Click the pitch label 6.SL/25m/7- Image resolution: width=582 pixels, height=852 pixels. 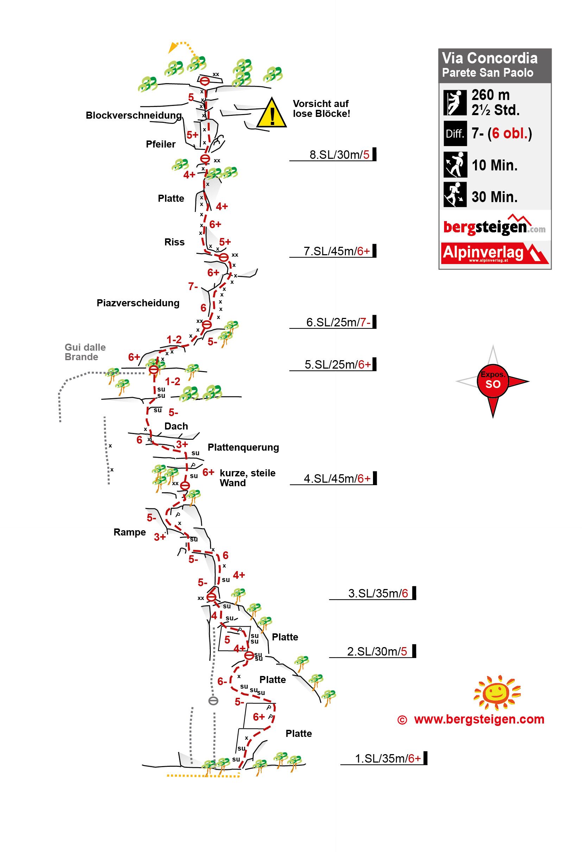[x=338, y=322]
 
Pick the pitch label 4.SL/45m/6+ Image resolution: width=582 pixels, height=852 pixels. [x=337, y=478]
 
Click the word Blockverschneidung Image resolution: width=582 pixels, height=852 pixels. [x=133, y=115]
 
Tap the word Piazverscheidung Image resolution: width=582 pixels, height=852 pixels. [x=138, y=303]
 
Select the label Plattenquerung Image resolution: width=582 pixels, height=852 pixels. [x=243, y=447]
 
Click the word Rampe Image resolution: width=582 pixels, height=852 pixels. [x=129, y=532]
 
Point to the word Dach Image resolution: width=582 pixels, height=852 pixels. [x=176, y=426]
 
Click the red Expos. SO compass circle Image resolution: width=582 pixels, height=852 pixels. [x=493, y=381]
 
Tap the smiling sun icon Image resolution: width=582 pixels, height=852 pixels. [x=497, y=692]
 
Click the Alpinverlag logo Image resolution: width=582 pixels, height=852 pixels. [x=494, y=253]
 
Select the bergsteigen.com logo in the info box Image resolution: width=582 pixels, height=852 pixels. [x=494, y=226]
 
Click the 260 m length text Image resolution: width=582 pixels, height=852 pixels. [x=491, y=95]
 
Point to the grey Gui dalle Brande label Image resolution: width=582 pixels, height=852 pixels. [x=85, y=352]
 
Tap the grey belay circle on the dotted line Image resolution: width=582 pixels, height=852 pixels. [x=213, y=701]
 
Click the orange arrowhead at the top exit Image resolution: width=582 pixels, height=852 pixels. [x=171, y=49]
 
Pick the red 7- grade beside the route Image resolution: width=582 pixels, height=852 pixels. [x=193, y=286]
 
